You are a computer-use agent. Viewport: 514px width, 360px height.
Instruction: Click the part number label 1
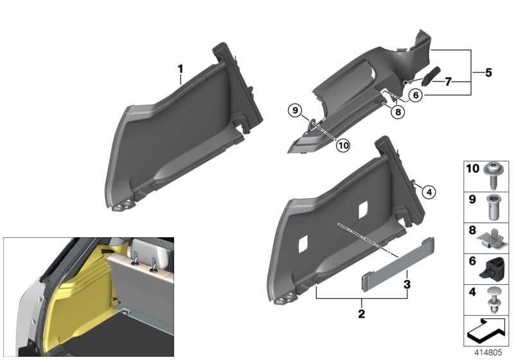(181, 68)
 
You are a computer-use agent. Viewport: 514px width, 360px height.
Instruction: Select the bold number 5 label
(488, 73)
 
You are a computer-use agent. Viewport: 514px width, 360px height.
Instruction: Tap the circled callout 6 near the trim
(416, 94)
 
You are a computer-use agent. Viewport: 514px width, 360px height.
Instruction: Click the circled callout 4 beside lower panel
(427, 190)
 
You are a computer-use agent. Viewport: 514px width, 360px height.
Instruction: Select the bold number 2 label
(361, 314)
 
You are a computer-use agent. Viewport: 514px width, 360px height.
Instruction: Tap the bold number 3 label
(407, 283)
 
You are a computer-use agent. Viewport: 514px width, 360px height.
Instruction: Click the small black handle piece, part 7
(429, 76)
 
